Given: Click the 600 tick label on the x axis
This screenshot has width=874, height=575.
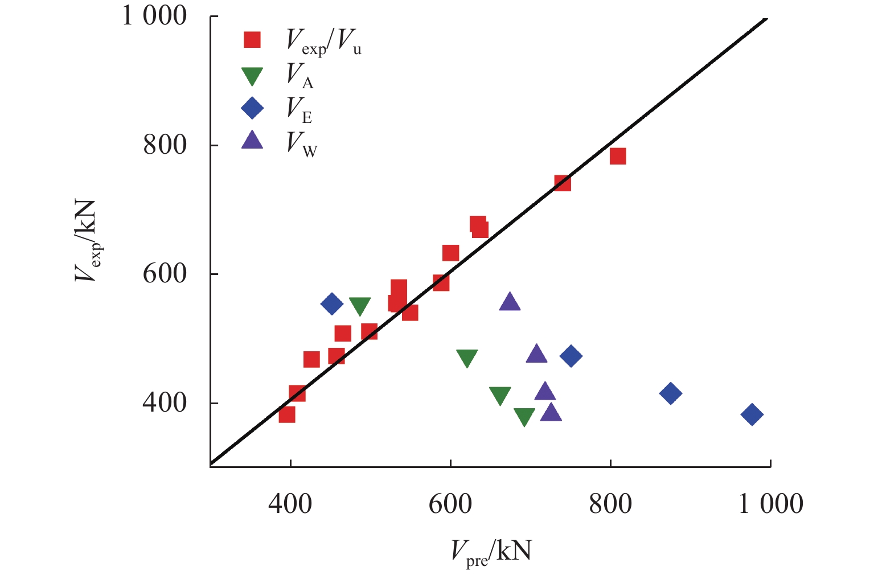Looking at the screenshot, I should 450,504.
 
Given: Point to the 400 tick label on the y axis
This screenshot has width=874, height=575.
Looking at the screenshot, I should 165,403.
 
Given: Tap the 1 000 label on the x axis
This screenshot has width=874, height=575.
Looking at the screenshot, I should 770,504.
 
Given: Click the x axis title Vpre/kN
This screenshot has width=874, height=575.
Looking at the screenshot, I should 491,552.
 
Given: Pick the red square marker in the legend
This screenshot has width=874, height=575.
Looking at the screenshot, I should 252,40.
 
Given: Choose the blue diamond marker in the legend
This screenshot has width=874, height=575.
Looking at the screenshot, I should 252,108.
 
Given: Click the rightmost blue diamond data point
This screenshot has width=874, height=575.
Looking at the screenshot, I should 752,414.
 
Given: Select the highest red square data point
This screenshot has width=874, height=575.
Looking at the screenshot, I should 618,156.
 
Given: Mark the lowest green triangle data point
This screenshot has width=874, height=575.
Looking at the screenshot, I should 524,417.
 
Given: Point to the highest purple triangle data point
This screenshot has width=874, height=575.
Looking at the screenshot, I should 510,302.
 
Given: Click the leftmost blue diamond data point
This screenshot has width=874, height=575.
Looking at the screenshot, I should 332,304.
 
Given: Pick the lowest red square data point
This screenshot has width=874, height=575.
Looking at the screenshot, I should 287,414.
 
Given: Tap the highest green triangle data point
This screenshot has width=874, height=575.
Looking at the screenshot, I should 360,306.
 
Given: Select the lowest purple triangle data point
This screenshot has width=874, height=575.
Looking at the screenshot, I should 551,412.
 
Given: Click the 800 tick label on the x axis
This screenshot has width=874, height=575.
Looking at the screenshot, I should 610,504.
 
